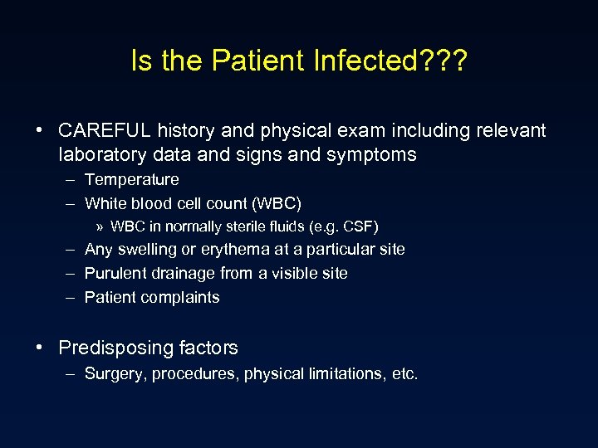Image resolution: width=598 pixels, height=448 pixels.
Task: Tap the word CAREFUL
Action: coord(105,131)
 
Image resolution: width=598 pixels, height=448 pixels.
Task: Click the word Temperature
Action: coord(131,180)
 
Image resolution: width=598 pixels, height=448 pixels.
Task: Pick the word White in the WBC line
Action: coord(104,204)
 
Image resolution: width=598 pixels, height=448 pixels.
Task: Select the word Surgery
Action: coord(114,375)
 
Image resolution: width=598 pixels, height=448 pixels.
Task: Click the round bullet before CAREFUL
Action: coord(40,131)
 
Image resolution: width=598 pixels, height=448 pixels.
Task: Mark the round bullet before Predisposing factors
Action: coord(40,348)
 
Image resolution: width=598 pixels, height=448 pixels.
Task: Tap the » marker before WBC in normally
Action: coord(100,226)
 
